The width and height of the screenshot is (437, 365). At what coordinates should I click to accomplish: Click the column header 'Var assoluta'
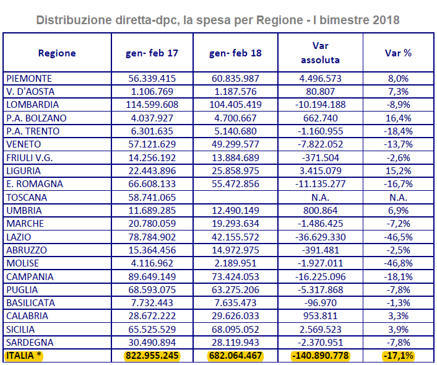(x=320, y=53)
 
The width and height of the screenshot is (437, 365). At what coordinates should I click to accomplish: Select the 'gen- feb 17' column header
(x=152, y=53)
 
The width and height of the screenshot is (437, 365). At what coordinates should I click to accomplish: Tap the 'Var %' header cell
(x=398, y=53)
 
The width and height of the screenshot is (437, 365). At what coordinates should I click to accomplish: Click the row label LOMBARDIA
(x=33, y=105)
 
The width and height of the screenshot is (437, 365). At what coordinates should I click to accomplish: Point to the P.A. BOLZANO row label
(x=37, y=118)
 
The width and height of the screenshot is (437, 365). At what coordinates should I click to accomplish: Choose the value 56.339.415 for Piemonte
(x=152, y=79)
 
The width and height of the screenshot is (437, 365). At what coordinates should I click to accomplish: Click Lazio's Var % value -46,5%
(x=398, y=237)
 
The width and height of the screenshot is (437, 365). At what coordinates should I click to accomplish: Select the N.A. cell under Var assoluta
(x=320, y=197)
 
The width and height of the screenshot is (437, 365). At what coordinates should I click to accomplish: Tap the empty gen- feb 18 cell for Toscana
(x=235, y=197)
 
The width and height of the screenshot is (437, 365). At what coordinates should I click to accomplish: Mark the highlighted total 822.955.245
(x=152, y=356)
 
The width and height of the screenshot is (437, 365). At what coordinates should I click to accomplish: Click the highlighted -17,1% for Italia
(x=398, y=356)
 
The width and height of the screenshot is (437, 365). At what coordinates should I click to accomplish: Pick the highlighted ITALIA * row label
(x=24, y=356)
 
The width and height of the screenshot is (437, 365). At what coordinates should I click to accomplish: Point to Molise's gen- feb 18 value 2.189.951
(x=235, y=263)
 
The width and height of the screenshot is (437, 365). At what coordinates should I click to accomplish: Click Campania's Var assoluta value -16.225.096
(x=320, y=276)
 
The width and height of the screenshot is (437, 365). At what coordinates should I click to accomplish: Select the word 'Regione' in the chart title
(x=280, y=20)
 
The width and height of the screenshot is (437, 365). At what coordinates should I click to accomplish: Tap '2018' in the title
(x=386, y=20)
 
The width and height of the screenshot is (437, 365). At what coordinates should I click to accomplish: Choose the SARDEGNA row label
(x=30, y=343)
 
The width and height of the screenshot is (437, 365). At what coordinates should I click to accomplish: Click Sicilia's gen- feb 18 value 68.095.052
(x=235, y=329)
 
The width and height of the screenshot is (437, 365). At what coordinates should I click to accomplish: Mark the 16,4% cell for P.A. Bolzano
(x=398, y=118)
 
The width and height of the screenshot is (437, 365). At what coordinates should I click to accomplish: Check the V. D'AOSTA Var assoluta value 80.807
(x=320, y=92)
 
